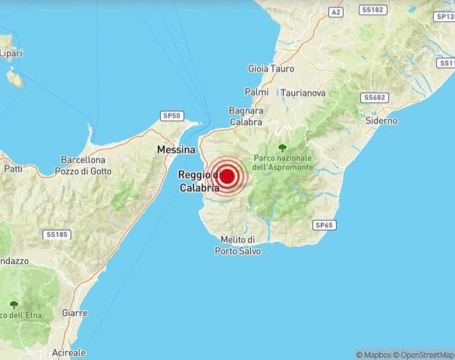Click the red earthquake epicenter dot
click(227, 177)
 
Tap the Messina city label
click(176, 150)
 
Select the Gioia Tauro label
click(271, 69)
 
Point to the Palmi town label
click(257, 92)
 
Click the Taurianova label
click(303, 92)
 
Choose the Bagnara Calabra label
click(246, 116)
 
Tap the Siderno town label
click(381, 121)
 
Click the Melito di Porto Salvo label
click(238, 245)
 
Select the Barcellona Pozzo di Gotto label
click(83, 166)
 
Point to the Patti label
click(13, 169)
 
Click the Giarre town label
click(75, 313)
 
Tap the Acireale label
click(69, 352)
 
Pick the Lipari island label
click(11, 53)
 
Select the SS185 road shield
click(57, 235)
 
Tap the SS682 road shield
click(374, 97)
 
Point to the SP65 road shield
click(324, 225)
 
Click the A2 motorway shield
click(336, 12)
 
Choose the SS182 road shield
click(372, 10)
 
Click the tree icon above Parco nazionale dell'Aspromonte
click(282, 147)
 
